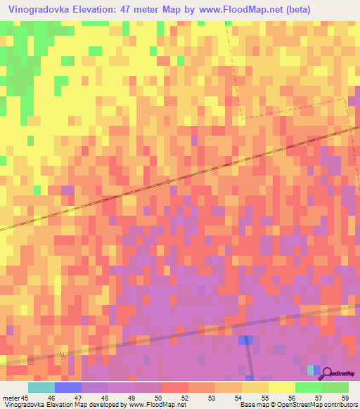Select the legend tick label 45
[25, 397]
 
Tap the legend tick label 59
[344, 397]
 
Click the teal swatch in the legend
[41, 387]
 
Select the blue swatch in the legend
[68, 387]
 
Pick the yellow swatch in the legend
[255, 387]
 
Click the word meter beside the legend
[11, 397]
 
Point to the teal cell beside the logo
[310, 370]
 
